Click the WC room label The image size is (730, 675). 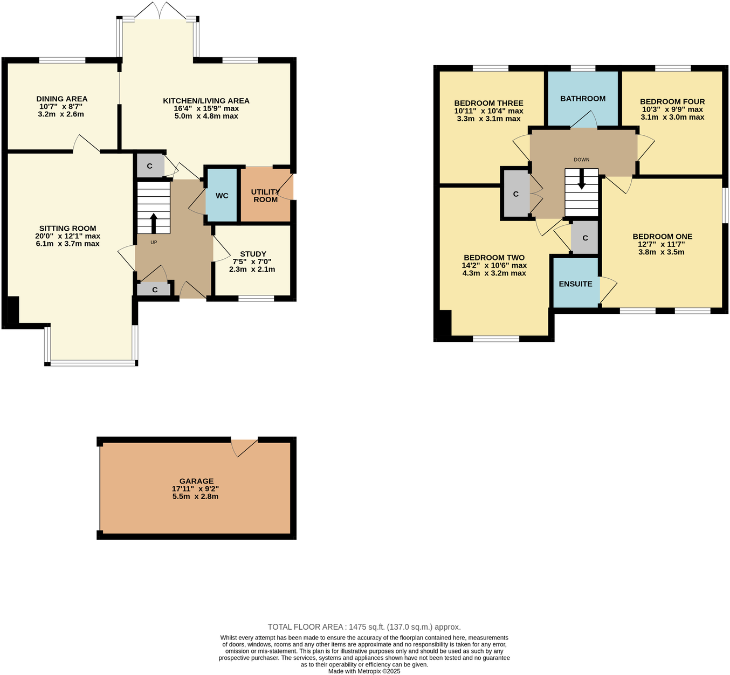(222, 196)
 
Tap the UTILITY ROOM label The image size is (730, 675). (265, 196)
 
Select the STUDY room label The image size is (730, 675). (253, 254)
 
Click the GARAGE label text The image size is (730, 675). (196, 481)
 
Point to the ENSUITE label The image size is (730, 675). (575, 284)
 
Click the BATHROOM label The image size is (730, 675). (582, 99)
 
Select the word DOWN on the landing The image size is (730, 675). (581, 160)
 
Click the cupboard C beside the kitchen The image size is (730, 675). (150, 166)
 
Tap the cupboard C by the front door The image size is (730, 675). (154, 290)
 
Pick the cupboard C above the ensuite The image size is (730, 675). (585, 238)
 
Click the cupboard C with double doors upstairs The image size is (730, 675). (515, 194)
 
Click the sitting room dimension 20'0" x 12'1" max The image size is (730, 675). (68, 236)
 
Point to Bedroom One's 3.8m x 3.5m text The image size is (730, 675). (662, 252)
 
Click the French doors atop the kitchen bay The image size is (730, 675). (159, 11)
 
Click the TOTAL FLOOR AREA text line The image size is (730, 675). (364, 627)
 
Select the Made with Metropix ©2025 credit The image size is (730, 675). (364, 671)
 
